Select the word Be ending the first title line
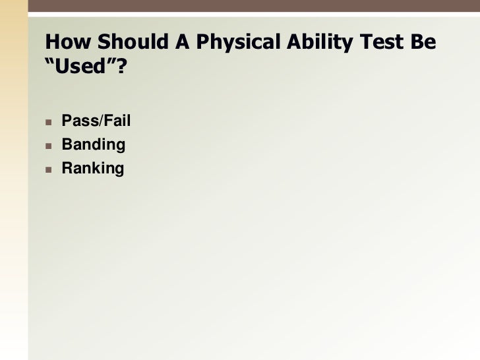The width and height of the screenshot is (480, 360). pos(423,43)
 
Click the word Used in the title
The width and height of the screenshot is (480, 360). pos(81,67)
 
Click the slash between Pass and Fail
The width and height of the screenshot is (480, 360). pos(100,121)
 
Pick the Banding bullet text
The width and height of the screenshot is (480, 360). pos(93,145)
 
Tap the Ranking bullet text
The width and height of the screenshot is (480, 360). pos(92,169)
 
